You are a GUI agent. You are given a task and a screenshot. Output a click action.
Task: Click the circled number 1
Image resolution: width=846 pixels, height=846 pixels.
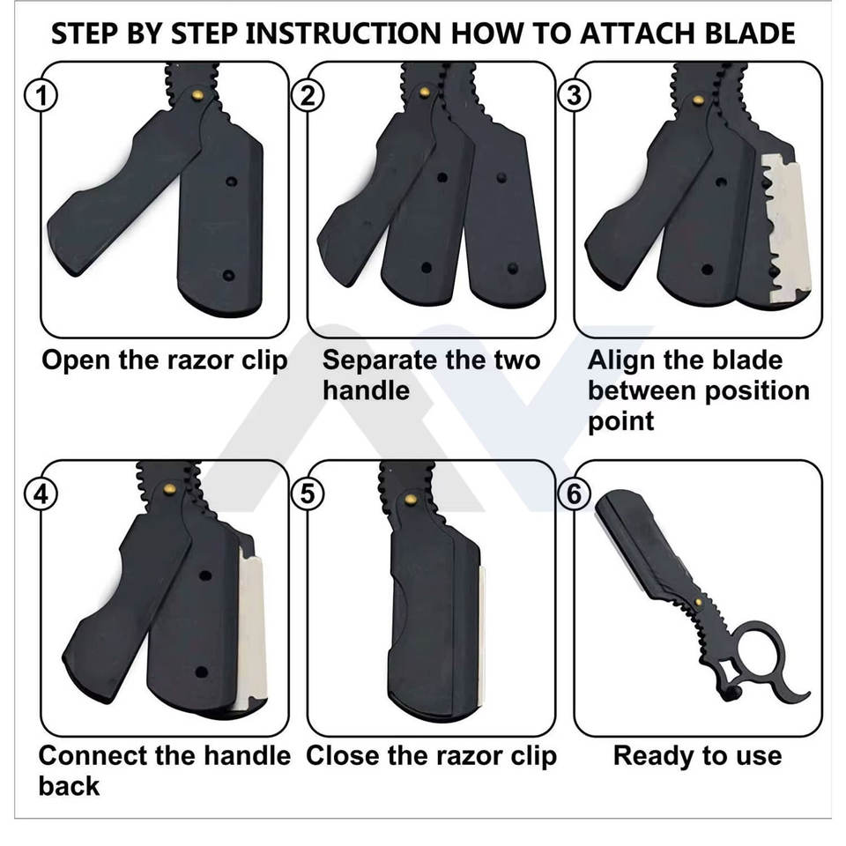(41, 96)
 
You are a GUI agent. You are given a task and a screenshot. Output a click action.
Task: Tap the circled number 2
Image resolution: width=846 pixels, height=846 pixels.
(308, 96)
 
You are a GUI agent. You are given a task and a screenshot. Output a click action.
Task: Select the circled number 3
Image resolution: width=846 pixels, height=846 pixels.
(574, 96)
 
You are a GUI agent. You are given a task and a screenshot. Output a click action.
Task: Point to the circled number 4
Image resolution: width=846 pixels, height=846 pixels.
(41, 494)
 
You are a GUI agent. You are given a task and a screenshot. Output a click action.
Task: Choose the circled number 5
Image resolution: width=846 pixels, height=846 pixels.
(308, 494)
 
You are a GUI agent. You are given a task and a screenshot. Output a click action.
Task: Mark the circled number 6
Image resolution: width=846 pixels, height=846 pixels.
(574, 494)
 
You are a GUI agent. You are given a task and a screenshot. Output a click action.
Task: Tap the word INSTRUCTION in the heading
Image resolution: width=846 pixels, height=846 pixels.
(343, 33)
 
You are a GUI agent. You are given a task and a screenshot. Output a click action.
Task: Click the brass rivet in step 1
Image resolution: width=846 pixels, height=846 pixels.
(198, 95)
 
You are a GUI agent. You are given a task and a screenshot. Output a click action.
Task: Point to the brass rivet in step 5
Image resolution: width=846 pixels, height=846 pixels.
(411, 499)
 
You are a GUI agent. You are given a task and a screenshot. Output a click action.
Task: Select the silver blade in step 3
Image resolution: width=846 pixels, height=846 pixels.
(784, 226)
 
